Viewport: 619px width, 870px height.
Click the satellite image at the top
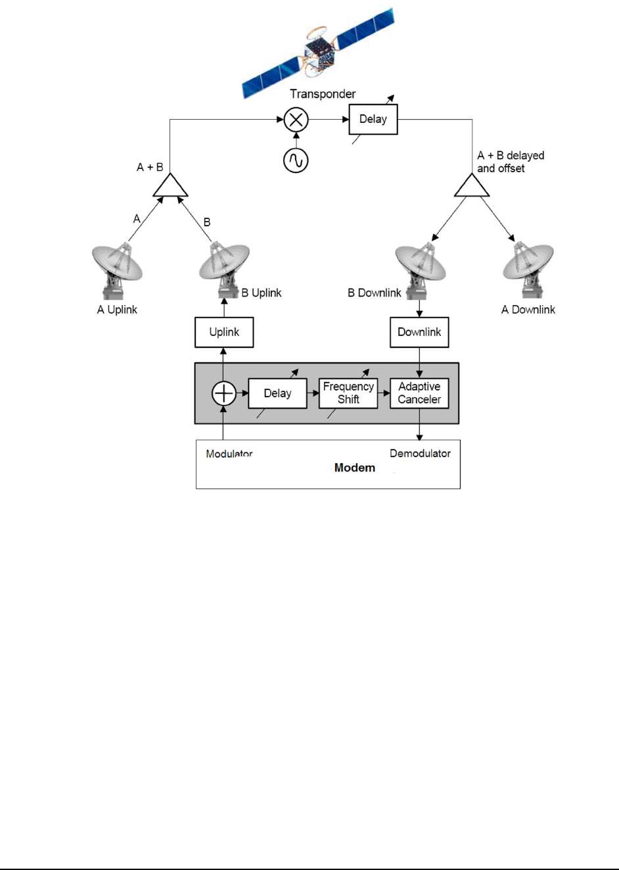point(318,53)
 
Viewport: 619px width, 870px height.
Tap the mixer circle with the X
point(296,120)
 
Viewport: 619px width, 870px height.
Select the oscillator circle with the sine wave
point(296,160)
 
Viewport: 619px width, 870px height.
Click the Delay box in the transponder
point(373,119)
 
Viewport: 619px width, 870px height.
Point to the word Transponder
point(323,94)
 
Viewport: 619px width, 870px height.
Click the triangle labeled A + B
point(171,187)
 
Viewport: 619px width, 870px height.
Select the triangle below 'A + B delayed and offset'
point(472,187)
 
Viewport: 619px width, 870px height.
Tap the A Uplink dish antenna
point(118,270)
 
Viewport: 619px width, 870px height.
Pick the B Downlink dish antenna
point(421,270)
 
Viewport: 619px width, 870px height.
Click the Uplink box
point(224,332)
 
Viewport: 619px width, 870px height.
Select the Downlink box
point(419,332)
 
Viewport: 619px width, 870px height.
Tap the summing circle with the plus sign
point(224,393)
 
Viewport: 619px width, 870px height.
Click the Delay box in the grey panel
point(277,393)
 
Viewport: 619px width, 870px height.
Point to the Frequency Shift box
point(348,393)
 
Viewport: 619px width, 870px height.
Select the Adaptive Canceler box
point(419,393)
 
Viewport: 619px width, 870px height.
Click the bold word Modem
point(355,468)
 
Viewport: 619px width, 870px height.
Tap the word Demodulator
point(420,453)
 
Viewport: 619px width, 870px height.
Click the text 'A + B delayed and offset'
point(510,162)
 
